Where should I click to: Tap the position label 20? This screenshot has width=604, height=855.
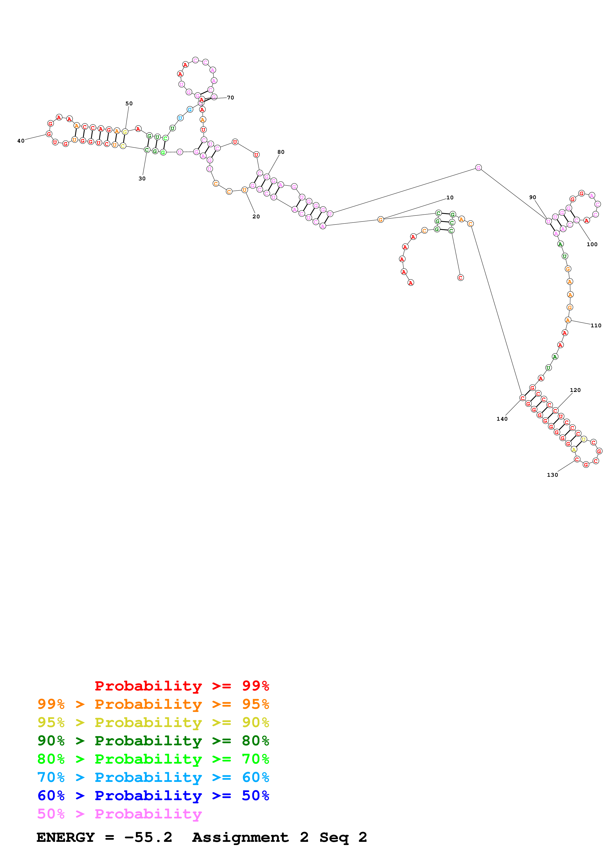point(256,217)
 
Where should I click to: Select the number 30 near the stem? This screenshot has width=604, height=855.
point(142,179)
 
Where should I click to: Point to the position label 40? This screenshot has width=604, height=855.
point(21,141)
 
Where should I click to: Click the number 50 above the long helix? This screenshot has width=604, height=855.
point(129,104)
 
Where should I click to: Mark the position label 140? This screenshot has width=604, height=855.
point(502,419)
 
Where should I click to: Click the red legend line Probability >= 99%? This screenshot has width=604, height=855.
point(182,686)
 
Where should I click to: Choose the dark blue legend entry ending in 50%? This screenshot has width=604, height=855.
point(153,796)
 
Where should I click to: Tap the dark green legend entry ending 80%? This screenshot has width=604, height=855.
point(153,741)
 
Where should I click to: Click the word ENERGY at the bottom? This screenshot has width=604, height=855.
point(66,837)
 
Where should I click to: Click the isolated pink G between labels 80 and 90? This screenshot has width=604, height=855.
point(478,168)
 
